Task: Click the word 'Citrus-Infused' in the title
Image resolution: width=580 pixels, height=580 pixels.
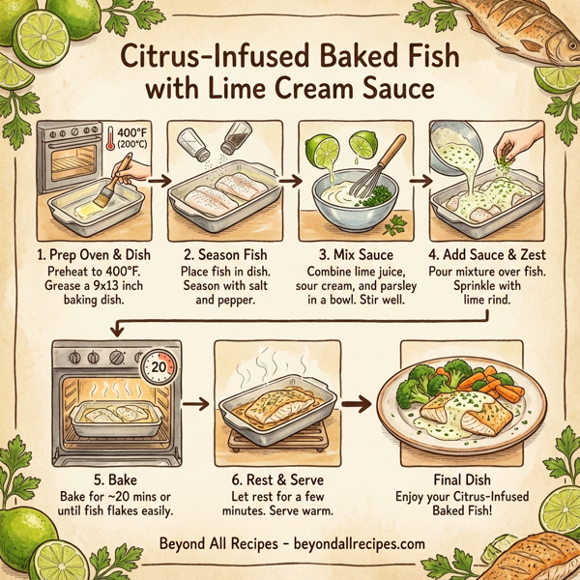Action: tap(217, 55)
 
